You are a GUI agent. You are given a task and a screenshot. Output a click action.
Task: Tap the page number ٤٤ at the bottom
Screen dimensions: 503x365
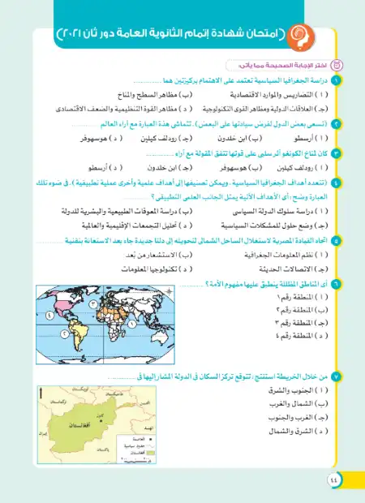[335, 481]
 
